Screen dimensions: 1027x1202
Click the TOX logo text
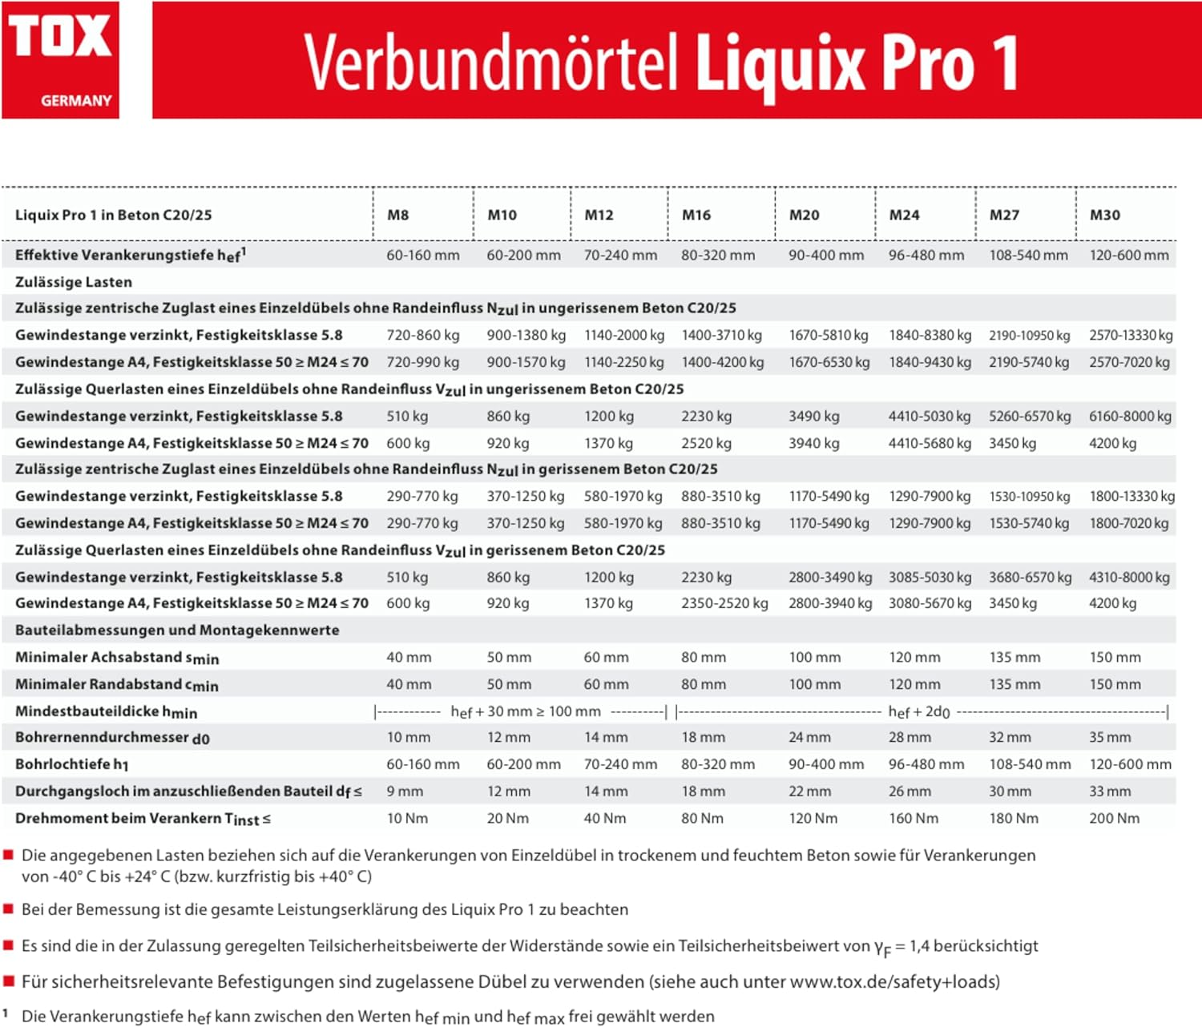point(60,38)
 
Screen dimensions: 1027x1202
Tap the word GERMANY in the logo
point(76,101)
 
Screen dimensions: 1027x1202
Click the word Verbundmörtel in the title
point(490,62)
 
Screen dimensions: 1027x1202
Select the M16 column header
point(696,215)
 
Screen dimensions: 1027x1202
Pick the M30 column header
point(1104,215)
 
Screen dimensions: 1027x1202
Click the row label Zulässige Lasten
point(74,282)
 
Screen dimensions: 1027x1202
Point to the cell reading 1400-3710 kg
point(721,335)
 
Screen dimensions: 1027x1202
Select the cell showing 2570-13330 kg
point(1130,335)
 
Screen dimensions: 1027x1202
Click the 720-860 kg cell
point(422,335)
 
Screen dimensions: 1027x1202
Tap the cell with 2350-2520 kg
point(724,603)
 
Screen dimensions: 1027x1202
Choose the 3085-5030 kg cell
point(930,577)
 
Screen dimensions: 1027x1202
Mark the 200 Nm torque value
point(1114,818)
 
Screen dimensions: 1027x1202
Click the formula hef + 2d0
point(919,711)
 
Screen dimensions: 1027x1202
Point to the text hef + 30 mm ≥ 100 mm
point(525,711)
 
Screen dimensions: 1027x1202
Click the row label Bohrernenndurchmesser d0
point(112,737)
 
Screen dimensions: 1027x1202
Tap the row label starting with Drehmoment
point(143,818)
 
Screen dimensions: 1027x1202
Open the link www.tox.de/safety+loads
point(894,981)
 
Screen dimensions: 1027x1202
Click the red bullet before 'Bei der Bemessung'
point(9,908)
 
